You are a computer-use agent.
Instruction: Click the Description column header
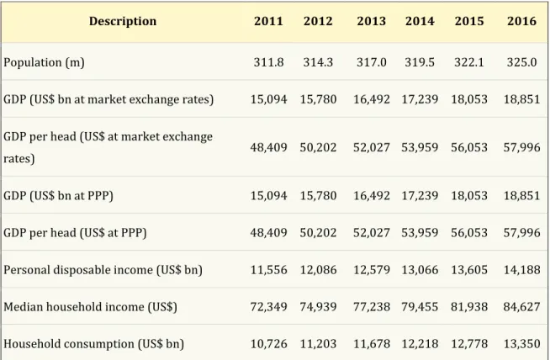(123, 21)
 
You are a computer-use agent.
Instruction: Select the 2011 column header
(268, 21)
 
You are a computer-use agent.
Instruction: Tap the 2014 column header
(420, 21)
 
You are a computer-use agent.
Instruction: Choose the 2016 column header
(521, 21)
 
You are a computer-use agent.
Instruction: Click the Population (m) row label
(44, 62)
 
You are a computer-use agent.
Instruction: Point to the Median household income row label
(90, 307)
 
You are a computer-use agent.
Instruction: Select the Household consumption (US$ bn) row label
(93, 344)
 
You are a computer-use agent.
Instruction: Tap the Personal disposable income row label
(103, 270)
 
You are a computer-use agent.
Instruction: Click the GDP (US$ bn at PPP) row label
(58, 195)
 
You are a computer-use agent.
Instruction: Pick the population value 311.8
(268, 62)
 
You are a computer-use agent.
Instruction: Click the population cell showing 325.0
(521, 62)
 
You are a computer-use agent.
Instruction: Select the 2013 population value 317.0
(372, 62)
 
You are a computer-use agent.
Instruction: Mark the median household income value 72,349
(268, 307)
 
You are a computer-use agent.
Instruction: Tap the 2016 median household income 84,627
(521, 307)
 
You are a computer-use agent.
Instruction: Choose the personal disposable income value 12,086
(318, 270)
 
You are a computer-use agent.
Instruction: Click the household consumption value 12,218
(420, 344)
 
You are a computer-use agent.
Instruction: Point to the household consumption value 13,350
(521, 344)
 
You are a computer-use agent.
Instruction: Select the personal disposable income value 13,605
(469, 270)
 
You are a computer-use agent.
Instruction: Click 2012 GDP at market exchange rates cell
(318, 99)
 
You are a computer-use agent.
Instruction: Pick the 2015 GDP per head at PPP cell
(469, 233)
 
